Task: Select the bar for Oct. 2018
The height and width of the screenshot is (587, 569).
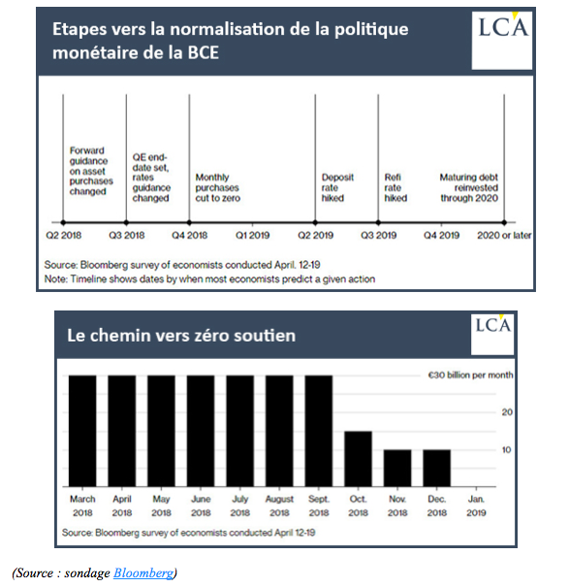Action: [x=358, y=459]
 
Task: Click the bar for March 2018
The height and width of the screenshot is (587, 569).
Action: [x=82, y=431]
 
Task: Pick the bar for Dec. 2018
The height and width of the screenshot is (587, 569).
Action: [x=436, y=468]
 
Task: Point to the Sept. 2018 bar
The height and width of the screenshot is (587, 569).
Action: [x=319, y=431]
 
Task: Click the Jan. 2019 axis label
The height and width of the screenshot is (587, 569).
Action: [x=476, y=505]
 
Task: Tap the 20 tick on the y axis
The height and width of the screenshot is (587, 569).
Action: [x=507, y=412]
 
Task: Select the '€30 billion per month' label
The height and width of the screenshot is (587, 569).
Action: [x=471, y=375]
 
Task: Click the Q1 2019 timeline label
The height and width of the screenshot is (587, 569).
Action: [x=253, y=236]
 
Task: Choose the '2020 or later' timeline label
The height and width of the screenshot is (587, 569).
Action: [x=504, y=236]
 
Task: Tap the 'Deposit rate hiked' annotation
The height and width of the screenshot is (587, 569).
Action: [x=337, y=187]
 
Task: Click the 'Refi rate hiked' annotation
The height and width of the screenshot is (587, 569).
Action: [x=395, y=187]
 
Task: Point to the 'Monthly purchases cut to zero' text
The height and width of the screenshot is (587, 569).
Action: [x=217, y=187]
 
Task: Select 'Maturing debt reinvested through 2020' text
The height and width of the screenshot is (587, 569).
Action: [x=469, y=187]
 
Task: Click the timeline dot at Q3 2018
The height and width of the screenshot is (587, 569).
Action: [x=126, y=223]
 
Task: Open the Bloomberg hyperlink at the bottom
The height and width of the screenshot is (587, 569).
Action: [x=143, y=573]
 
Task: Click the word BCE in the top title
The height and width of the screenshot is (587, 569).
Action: [x=204, y=52]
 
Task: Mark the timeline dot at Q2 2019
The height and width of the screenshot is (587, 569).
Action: [x=315, y=223]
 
